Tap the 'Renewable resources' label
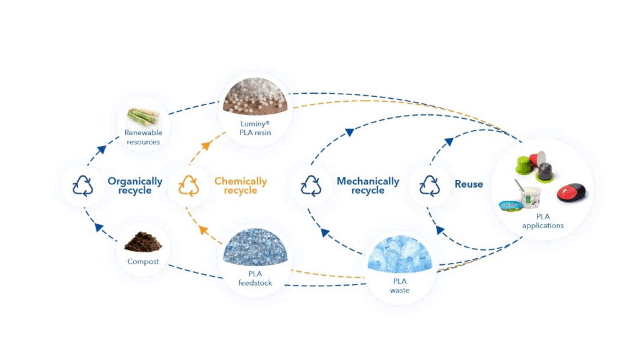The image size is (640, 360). coord(143,137)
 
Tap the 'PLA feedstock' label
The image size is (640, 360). coord(256,278)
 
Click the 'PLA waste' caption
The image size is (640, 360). coord(400,286)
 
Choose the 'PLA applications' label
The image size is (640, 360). coord(542,221)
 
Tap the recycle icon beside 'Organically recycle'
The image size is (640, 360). coord(82,186)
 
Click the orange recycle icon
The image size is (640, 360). coord(188,186)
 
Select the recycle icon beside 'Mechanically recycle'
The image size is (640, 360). coord(311,186)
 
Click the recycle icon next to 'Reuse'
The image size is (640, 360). coord(429,185)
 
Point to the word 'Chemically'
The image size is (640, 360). coord(241,181)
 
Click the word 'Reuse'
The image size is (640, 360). coord(469,184)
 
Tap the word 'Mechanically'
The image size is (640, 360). coord(367,181)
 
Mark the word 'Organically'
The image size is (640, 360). coord(134,181)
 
